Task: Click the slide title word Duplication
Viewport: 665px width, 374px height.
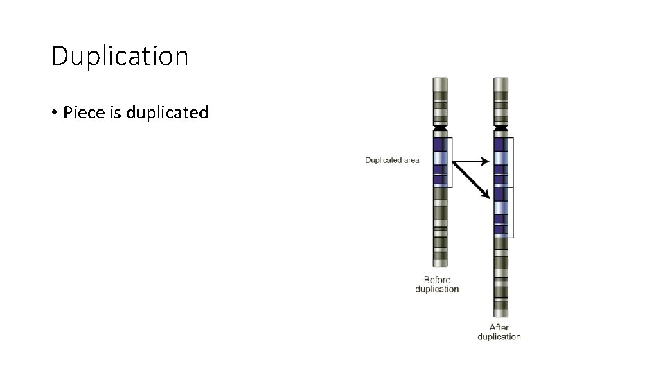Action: coord(120,56)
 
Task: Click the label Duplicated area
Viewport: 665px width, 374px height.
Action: coord(392,160)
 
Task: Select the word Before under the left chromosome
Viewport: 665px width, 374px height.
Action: coord(437,280)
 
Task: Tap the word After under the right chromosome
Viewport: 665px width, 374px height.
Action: coord(499,328)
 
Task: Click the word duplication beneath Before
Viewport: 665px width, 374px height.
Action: coord(437,290)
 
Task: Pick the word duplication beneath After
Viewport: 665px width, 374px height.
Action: coord(499,337)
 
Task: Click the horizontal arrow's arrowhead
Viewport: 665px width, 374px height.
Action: coord(486,161)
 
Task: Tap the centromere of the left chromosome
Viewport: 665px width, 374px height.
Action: coord(439,128)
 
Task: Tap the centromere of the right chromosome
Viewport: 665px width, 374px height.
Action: coord(500,128)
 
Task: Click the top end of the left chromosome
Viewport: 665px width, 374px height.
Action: coord(439,79)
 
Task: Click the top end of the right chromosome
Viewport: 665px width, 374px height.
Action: coord(500,79)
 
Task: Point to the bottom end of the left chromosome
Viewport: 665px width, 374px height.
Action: coord(439,265)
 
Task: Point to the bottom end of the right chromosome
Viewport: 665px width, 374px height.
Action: coord(500,316)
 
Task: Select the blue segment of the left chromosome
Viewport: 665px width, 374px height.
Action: coord(439,162)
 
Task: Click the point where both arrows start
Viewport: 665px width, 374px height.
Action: coord(453,162)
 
